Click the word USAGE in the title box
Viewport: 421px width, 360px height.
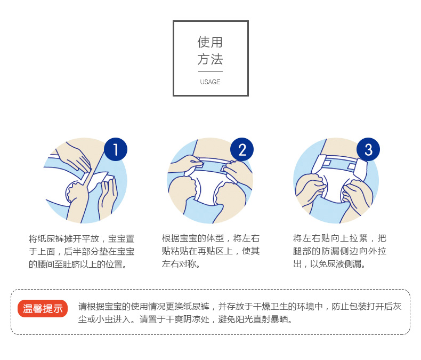tap(210, 82)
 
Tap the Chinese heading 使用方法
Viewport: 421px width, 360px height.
tap(210, 51)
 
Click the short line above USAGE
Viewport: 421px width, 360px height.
tap(210, 71)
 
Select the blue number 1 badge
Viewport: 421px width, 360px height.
tap(116, 149)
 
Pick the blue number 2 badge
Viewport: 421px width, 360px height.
tap(242, 149)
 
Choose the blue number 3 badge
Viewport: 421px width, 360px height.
tap(368, 149)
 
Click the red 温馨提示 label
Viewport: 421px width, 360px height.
tap(43, 308)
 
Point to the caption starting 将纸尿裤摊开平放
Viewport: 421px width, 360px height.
tap(82, 251)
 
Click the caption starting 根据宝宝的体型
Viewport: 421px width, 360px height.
tap(211, 251)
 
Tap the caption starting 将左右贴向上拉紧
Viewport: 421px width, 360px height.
tap(339, 251)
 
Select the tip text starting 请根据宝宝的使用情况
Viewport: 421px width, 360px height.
tap(240, 313)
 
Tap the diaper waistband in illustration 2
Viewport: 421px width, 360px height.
tap(212, 164)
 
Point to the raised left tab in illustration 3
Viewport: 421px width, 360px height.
tap(319, 164)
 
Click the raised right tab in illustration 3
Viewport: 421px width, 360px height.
tap(360, 169)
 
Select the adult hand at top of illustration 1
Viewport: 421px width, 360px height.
tap(74, 157)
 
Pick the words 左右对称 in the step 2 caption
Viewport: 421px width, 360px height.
tap(179, 264)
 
